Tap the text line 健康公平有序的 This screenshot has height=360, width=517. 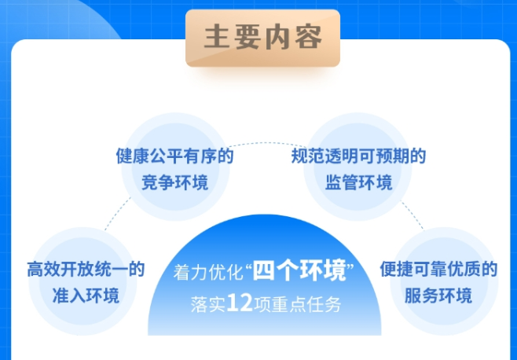[x=174, y=156]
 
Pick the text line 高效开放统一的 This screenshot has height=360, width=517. [x=86, y=270]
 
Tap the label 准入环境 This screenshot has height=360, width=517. [x=86, y=296]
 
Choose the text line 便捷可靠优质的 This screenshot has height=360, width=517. [x=438, y=270]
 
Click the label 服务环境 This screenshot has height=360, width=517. [x=438, y=296]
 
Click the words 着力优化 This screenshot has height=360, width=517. [x=207, y=274]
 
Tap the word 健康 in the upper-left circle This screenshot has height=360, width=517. [x=130, y=156]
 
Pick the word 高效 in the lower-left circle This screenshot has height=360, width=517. [x=41, y=270]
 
